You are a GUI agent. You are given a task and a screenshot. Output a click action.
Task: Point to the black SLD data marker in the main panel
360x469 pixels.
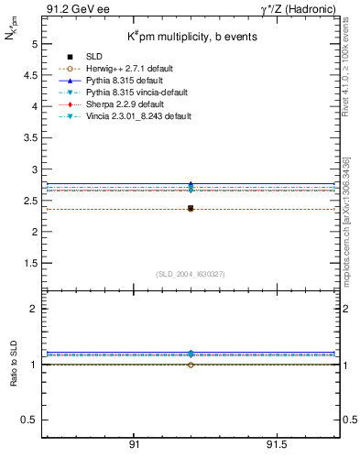(x=191, y=209)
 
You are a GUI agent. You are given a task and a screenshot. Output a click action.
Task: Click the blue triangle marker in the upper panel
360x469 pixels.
(x=191, y=184)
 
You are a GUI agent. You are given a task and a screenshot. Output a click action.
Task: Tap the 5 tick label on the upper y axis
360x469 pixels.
(x=33, y=43)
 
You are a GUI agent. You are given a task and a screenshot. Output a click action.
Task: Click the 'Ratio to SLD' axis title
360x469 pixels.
(x=14, y=364)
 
